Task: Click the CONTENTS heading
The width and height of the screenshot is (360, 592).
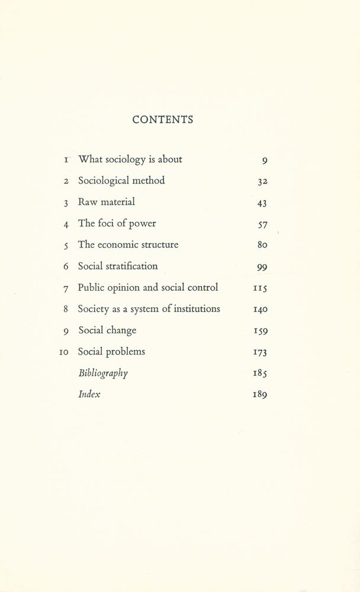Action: tap(163, 120)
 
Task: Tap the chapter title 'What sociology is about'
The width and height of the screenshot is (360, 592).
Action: tap(130, 159)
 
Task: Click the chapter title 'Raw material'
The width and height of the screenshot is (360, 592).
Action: tap(107, 202)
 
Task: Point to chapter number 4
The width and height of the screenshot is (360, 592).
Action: tap(66, 224)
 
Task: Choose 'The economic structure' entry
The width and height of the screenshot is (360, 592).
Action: tap(128, 244)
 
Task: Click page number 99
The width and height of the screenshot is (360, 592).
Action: tap(262, 267)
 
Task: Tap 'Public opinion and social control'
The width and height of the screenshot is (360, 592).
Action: tap(148, 288)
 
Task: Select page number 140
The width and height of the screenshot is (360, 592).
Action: tap(260, 309)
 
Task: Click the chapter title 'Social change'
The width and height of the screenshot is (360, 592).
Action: tap(107, 330)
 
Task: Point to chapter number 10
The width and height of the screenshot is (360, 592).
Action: tap(65, 352)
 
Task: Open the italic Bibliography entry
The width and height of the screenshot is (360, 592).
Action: tap(103, 374)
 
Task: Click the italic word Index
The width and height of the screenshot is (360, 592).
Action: tap(89, 394)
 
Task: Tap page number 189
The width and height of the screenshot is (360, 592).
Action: tap(260, 395)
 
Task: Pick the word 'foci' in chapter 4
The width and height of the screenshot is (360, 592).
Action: tap(108, 223)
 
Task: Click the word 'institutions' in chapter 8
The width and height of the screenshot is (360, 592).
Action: tap(197, 308)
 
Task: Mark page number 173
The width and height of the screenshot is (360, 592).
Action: tap(260, 352)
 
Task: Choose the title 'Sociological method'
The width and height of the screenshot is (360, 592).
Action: tap(121, 181)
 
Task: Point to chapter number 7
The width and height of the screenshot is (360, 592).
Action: tap(66, 288)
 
